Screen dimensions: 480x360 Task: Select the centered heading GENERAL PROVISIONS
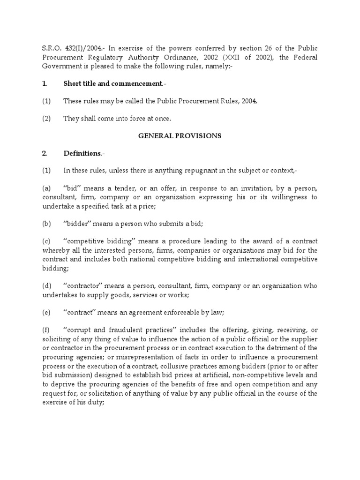tap(180, 135)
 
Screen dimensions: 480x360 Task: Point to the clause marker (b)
tap(47, 224)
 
